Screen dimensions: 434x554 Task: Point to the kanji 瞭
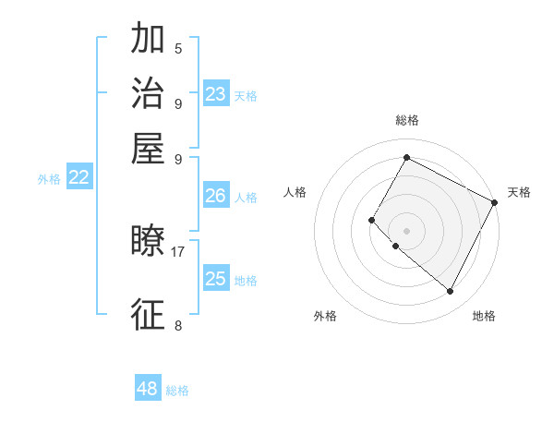pyautogui.click(x=148, y=242)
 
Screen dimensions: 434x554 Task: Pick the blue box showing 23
pyautogui.click(x=216, y=94)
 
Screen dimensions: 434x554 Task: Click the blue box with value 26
pyautogui.click(x=216, y=196)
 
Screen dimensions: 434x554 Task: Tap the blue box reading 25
pyautogui.click(x=216, y=279)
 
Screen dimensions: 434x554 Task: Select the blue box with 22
pyautogui.click(x=78, y=178)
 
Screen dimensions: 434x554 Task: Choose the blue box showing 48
pyautogui.click(x=148, y=389)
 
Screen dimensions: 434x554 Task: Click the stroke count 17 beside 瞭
pyautogui.click(x=177, y=250)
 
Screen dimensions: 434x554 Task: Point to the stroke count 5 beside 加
pyautogui.click(x=178, y=48)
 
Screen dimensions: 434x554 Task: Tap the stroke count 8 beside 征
pyautogui.click(x=178, y=324)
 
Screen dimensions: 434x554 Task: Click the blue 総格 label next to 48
pyautogui.click(x=177, y=391)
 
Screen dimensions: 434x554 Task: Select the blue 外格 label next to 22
pyautogui.click(x=49, y=179)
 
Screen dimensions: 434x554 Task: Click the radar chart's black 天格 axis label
pyautogui.click(x=519, y=192)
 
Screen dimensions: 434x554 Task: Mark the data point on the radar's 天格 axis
pyautogui.click(x=495, y=202)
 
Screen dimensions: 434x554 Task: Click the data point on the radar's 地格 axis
pyautogui.click(x=451, y=292)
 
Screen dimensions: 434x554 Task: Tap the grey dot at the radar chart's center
pyautogui.click(x=406, y=230)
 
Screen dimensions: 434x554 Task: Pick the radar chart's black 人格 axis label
pyautogui.click(x=295, y=192)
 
